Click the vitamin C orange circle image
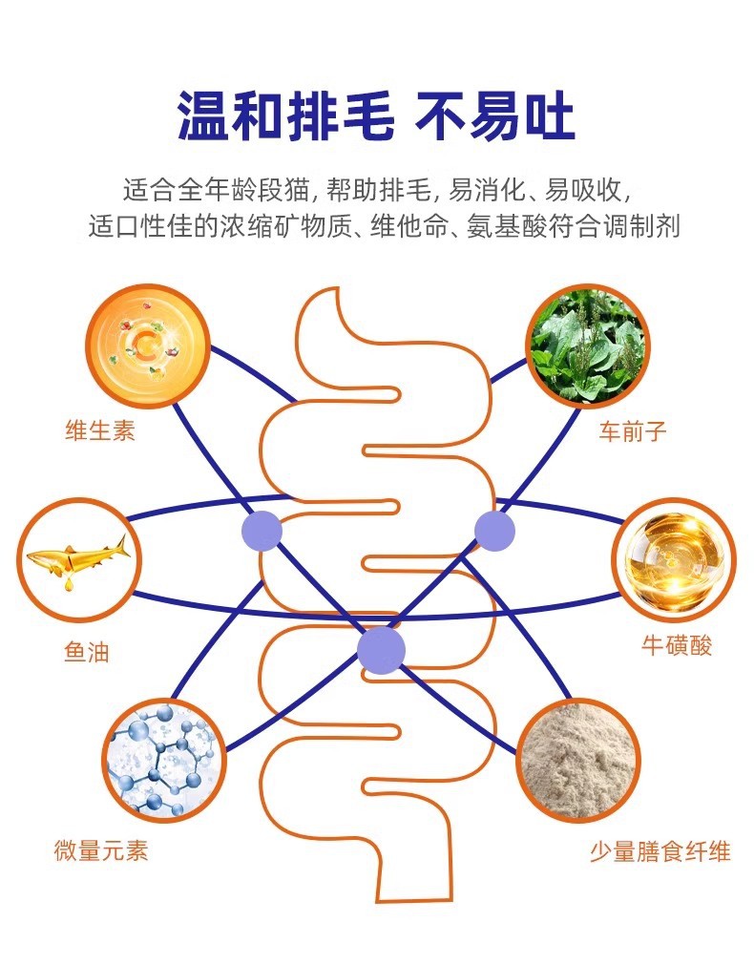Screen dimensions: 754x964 [148, 344]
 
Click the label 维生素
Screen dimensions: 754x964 [100, 430]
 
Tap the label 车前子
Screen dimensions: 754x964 [633, 431]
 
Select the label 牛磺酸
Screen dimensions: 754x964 [677, 646]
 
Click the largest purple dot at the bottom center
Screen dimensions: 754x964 [381, 649]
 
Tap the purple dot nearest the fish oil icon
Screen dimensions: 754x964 [262, 531]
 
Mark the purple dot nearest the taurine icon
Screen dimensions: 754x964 [494, 531]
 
